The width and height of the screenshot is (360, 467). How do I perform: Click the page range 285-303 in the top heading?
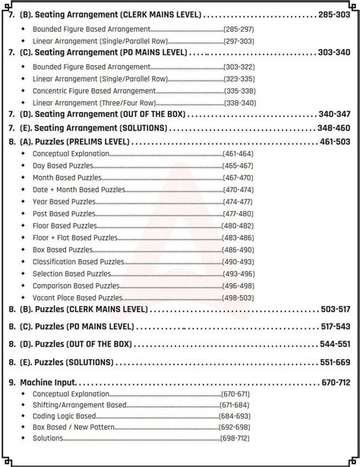[334, 14]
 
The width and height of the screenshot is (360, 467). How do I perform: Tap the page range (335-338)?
[239, 90]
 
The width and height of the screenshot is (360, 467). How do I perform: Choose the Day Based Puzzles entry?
[63, 166]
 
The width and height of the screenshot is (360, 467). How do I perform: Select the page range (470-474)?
[238, 190]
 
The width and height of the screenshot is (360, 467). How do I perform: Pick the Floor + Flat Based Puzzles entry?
[75, 238]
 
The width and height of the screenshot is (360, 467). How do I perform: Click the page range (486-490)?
[238, 250]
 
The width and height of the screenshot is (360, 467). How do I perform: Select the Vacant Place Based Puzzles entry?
[77, 298]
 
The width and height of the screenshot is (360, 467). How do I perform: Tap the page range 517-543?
[335, 327]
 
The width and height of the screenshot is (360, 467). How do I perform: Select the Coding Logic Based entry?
[65, 416]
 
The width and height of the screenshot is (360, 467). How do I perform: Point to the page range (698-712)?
[234, 438]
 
